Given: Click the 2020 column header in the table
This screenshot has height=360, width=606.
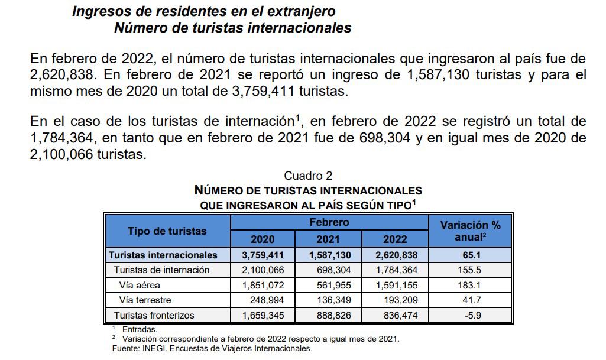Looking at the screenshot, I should [263, 239].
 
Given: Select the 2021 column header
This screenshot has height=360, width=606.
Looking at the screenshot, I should [328, 239].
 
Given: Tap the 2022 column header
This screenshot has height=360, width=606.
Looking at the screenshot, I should [395, 239].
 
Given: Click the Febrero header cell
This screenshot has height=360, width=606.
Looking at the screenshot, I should [329, 223].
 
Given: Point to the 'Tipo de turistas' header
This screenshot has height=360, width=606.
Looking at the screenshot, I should [167, 231].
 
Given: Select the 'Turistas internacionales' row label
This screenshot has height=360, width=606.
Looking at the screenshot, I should [163, 255].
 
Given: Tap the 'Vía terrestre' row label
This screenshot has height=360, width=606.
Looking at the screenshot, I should [145, 300].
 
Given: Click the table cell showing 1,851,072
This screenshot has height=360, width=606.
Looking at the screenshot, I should [263, 285].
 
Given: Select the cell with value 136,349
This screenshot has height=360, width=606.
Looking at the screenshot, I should [332, 300].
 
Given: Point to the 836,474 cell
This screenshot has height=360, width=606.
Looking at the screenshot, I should [397, 316].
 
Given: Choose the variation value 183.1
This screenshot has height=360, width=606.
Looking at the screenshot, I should [472, 285].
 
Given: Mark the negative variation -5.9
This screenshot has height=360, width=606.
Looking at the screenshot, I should [472, 316].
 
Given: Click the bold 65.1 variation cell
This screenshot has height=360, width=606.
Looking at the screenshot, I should [472, 255].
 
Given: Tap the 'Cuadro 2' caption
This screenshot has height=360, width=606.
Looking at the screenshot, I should [308, 176].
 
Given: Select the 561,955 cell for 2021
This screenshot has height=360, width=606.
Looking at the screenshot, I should [332, 285].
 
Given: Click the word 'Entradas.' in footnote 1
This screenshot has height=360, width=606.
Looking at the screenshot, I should [140, 329].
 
